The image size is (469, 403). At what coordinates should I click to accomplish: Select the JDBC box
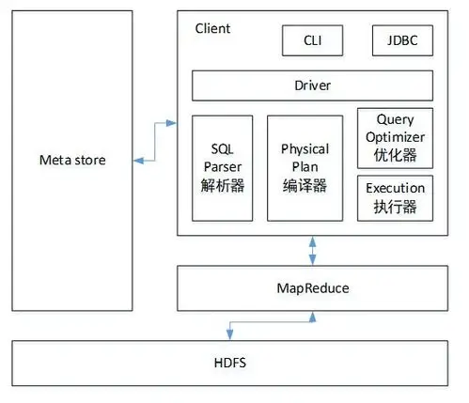pos(402,40)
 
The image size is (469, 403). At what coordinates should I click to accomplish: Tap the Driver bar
pos(312,85)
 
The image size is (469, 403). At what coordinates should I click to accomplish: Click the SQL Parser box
pos(223,167)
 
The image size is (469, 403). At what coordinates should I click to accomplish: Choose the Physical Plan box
pos(305,167)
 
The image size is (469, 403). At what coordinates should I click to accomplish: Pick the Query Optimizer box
pos(396,137)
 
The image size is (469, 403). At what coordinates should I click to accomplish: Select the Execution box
pos(396,197)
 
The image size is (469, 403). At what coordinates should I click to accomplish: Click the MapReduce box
pos(311,287)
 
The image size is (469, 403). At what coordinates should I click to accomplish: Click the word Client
pos(212,28)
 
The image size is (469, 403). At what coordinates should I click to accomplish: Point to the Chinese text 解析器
pos(223,185)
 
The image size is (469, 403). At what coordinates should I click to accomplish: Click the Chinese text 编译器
pos(305,185)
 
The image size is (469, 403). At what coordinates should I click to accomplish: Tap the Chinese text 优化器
pos(396,154)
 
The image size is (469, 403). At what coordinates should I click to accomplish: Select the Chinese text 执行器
pos(396,206)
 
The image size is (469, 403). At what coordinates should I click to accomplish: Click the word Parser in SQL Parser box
pos(223,167)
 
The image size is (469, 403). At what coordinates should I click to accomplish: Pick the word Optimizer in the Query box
pos(396,137)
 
